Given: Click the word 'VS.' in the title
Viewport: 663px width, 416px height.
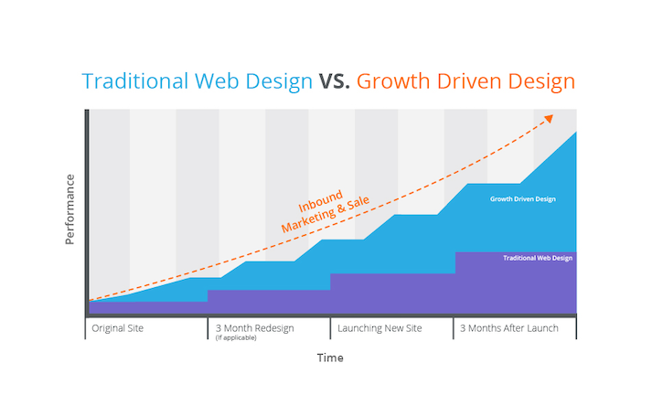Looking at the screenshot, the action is (x=334, y=81).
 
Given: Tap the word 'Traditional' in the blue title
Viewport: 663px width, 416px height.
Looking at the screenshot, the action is (x=134, y=81).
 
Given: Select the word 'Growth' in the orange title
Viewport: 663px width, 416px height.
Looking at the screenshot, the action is (x=393, y=81).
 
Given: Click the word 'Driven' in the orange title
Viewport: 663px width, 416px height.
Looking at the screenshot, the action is (x=469, y=81).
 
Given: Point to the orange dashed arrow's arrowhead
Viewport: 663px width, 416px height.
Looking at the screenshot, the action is (x=549, y=118).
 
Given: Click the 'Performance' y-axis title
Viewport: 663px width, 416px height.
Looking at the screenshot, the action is (x=70, y=209).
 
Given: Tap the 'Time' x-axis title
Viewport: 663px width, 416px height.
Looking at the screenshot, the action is (x=330, y=358).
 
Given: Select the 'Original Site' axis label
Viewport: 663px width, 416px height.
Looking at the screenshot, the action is (x=118, y=328).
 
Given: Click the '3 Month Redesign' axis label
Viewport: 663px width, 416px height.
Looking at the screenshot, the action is (x=254, y=328).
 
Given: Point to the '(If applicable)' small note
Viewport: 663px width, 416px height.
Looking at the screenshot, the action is (x=236, y=337).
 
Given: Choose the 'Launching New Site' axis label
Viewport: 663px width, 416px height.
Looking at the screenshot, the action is (x=380, y=328).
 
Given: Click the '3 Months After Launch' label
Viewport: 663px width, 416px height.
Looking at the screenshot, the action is (x=509, y=328).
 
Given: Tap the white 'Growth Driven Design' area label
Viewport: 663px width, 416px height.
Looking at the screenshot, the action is (x=522, y=199).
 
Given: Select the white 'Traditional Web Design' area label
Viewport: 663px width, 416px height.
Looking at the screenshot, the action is (x=538, y=258).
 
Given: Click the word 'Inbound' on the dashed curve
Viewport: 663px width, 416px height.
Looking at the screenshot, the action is (x=320, y=201).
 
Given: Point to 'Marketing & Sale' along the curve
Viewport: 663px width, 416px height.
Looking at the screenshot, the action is (x=326, y=214).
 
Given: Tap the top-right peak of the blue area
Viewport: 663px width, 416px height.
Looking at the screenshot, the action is (x=576, y=133).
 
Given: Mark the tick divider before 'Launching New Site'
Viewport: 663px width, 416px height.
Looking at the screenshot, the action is (x=330, y=328).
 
